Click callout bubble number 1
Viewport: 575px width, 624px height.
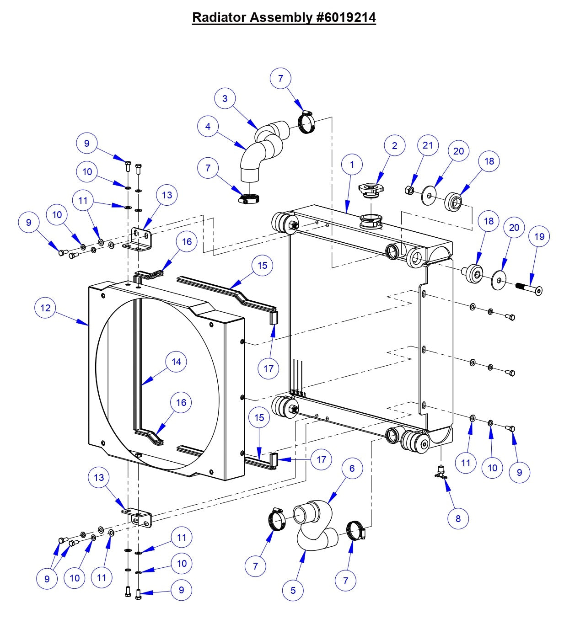352,165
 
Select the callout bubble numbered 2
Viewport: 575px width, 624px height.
394,146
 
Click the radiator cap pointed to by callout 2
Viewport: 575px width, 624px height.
371,189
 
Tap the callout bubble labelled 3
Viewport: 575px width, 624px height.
225,98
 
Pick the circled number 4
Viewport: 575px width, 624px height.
208,126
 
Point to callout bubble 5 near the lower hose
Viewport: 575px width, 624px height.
293,590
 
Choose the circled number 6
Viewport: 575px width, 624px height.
352,469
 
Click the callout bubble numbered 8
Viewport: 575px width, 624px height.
458,518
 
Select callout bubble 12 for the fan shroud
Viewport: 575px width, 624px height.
45,308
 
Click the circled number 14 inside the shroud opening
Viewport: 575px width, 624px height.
176,362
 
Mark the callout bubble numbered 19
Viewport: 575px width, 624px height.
539,236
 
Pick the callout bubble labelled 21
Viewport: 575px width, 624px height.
428,145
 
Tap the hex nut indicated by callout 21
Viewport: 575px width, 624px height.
410,190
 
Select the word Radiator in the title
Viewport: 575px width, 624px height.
219,17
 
